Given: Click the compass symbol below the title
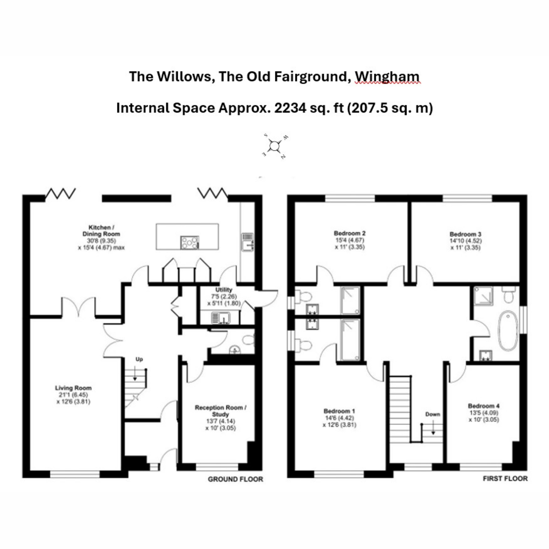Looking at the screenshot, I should pos(274,146).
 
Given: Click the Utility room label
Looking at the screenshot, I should pos(224,290).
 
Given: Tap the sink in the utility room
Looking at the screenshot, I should pos(221,317).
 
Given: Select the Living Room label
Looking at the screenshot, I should pos(73,388).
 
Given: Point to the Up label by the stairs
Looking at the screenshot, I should pos(140,360).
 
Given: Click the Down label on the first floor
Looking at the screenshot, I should pos(432,414).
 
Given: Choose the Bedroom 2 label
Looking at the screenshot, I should pos(350,233).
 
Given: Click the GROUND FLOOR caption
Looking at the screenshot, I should pos(235,479).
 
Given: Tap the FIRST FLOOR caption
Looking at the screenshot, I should pos(505,479).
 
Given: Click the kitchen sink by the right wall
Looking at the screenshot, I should pos(248,242).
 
